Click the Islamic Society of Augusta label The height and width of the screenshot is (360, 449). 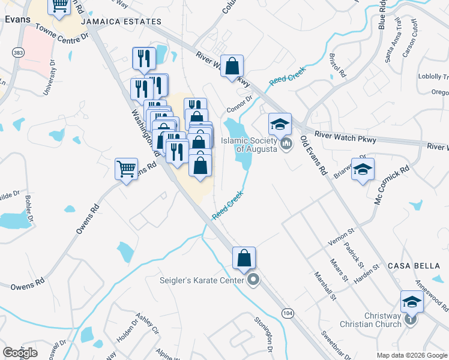[x=249, y=145]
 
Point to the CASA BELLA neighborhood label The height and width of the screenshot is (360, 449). [x=412, y=266]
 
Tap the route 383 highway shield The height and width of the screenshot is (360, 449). [x=18, y=52]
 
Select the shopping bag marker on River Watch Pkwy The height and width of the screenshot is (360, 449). [x=232, y=66]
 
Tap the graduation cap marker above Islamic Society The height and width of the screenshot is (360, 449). [x=280, y=124]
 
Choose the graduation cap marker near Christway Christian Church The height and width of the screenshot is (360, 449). [x=412, y=301]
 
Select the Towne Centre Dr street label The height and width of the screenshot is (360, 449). [x=62, y=32]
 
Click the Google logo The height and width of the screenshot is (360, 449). [x=20, y=353]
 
